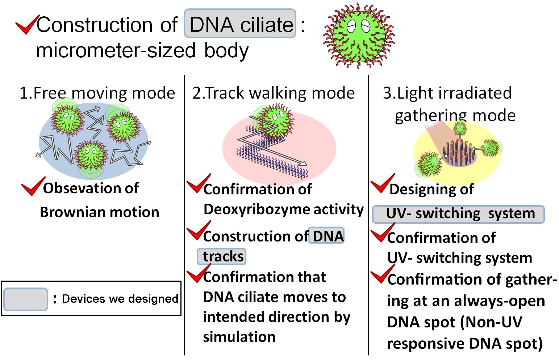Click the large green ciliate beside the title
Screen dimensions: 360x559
[359, 36]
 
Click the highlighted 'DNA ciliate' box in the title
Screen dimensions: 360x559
[240, 24]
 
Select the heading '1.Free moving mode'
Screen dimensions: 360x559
[97, 93]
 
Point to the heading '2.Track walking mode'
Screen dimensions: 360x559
[274, 93]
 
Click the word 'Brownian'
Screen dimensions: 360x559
[70, 212]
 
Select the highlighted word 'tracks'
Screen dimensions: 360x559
[222, 256]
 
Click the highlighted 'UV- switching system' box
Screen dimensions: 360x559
[458, 214]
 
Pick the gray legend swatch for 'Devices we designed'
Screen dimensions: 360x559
[25, 299]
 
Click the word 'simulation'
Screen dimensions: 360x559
[239, 337]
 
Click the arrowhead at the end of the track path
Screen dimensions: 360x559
[304, 164]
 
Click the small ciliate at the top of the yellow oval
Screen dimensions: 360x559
[460, 128]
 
